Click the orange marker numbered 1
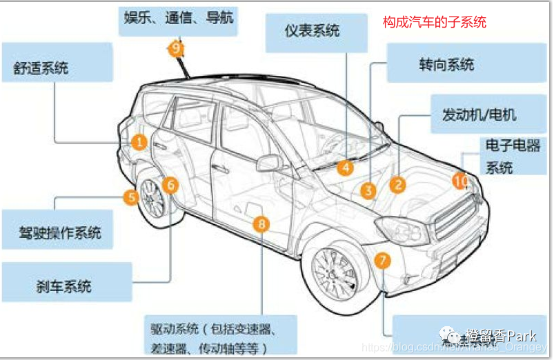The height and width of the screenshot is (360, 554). click(x=139, y=142)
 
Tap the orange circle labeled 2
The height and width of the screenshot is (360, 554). click(x=398, y=184)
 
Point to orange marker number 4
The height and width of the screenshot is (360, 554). click(x=345, y=166)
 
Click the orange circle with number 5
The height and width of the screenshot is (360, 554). click(x=132, y=197)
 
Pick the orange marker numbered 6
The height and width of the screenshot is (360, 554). click(x=170, y=184)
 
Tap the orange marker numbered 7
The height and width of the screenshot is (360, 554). click(x=383, y=260)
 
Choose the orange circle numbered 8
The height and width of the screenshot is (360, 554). click(x=261, y=223)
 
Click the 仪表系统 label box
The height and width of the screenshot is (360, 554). click(x=312, y=31)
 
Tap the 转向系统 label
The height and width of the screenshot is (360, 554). click(x=446, y=64)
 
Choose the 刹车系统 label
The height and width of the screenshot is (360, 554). click(x=64, y=284)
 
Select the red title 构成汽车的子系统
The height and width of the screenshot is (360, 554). click(x=435, y=23)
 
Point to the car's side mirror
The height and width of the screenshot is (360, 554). click(x=268, y=163)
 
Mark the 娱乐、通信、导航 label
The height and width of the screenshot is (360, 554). click(x=179, y=17)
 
